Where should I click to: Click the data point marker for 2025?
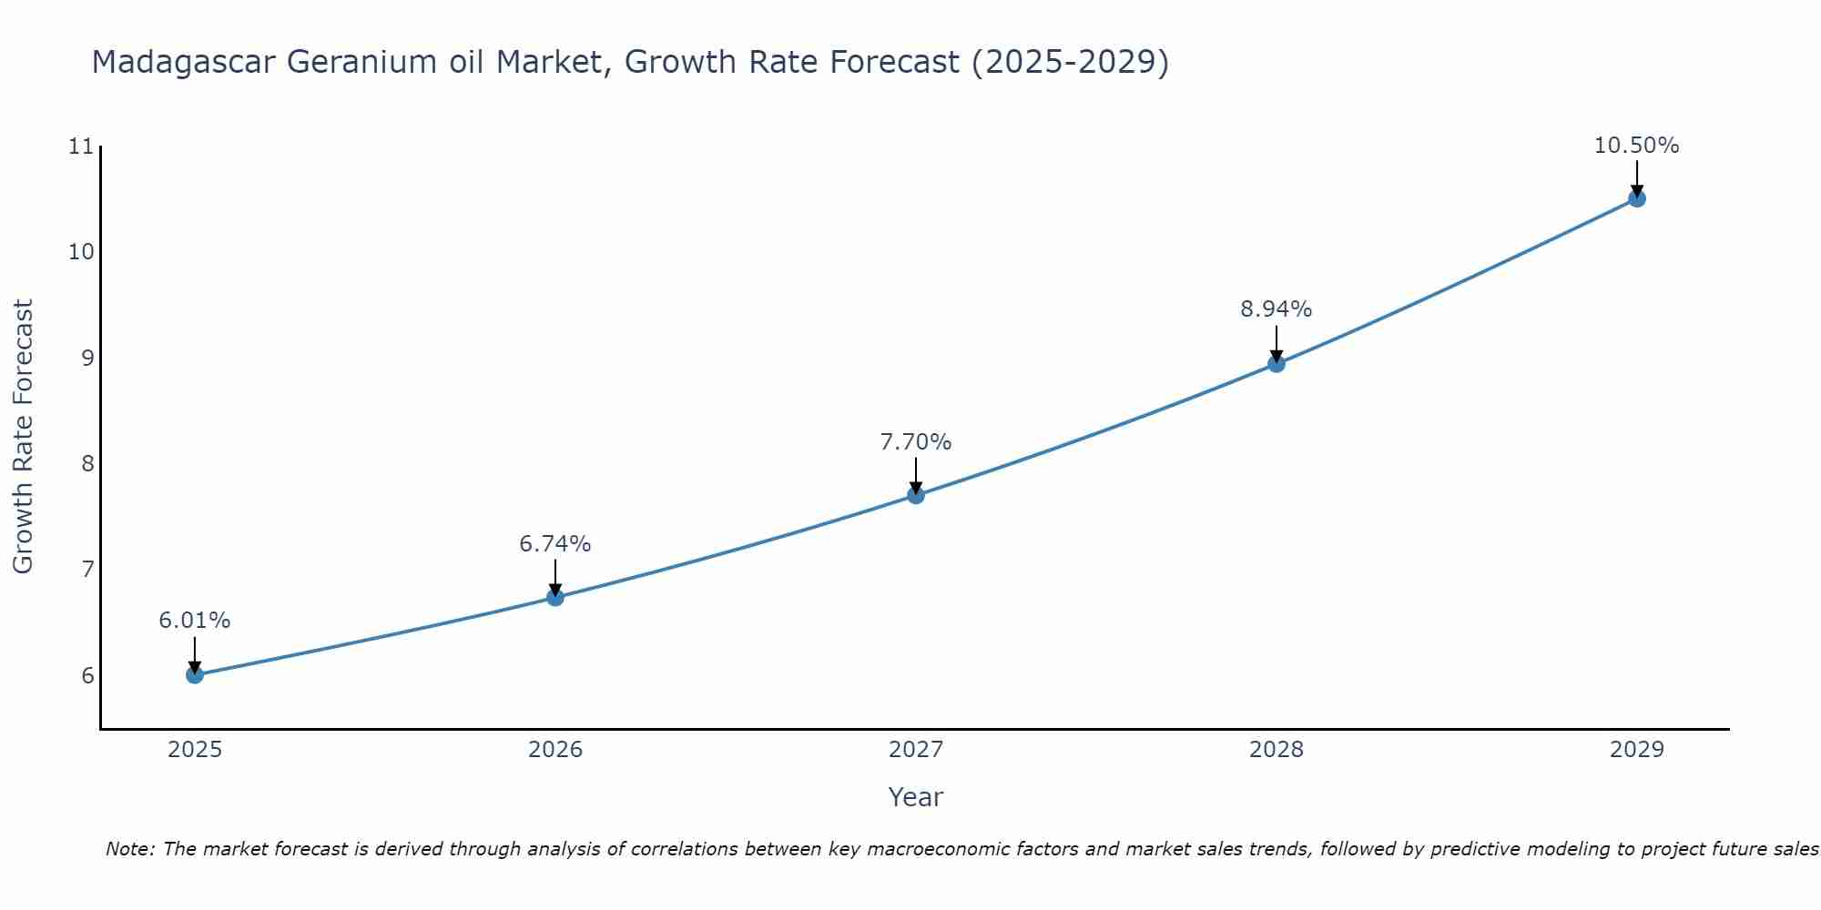pyautogui.click(x=195, y=674)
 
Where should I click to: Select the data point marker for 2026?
pyautogui.click(x=555, y=597)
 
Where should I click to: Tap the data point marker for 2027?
pyautogui.click(x=916, y=495)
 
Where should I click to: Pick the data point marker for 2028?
pyautogui.click(x=1277, y=364)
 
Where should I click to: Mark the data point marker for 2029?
pyautogui.click(x=1636, y=198)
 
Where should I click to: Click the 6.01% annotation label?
pyautogui.click(x=195, y=621)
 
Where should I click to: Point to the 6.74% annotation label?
pyautogui.click(x=555, y=544)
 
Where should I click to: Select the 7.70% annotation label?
pyautogui.click(x=916, y=442)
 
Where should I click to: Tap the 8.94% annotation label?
pyautogui.click(x=1277, y=309)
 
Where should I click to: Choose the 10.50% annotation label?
pyautogui.click(x=1636, y=146)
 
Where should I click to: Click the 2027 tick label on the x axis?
pyautogui.click(x=916, y=750)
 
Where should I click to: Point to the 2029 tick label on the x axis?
pyautogui.click(x=1636, y=750)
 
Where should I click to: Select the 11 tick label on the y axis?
pyautogui.click(x=81, y=147)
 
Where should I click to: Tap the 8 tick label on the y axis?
pyautogui.click(x=87, y=464)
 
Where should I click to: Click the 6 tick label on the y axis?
pyautogui.click(x=87, y=675)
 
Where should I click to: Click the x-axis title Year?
pyautogui.click(x=916, y=797)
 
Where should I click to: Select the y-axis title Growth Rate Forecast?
pyautogui.click(x=24, y=437)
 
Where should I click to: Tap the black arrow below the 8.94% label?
pyautogui.click(x=1277, y=344)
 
